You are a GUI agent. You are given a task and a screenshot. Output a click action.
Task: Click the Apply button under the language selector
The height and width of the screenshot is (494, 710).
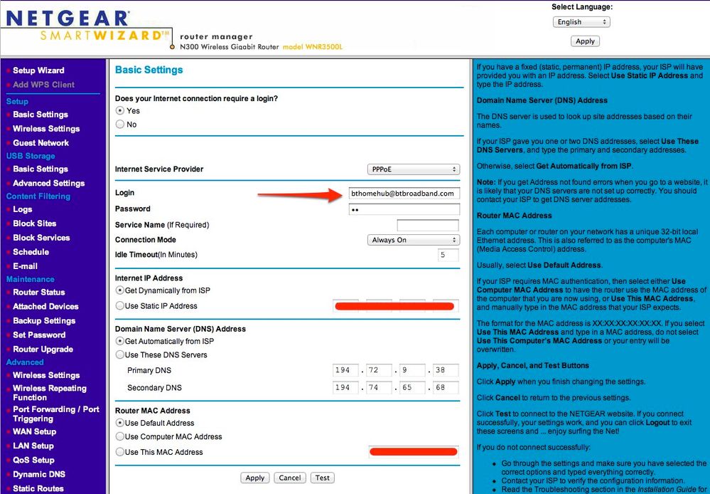(x=585, y=41)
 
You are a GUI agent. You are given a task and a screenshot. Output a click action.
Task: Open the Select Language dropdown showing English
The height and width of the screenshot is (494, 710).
(x=581, y=22)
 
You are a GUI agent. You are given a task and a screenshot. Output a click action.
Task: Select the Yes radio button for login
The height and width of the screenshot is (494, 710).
(x=120, y=111)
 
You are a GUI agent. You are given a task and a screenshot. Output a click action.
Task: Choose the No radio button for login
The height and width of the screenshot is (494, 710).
(x=120, y=125)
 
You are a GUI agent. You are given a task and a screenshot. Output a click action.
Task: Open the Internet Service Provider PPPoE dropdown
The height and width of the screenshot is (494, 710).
(x=413, y=169)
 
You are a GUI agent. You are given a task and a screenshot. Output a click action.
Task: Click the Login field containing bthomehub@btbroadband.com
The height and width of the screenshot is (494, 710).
(x=404, y=193)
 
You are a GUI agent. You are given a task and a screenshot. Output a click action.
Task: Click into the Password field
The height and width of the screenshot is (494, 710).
(x=404, y=209)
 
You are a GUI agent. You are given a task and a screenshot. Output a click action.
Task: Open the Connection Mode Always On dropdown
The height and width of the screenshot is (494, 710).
(x=413, y=240)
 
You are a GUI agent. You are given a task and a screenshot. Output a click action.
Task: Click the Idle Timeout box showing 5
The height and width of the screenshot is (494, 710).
(x=448, y=255)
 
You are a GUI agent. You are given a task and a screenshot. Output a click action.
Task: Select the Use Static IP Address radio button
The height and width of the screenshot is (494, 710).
(x=120, y=306)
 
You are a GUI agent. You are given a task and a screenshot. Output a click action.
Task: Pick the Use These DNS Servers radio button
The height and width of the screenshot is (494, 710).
(x=120, y=355)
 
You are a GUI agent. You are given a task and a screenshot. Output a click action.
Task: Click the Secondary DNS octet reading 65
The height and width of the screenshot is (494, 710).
(x=412, y=388)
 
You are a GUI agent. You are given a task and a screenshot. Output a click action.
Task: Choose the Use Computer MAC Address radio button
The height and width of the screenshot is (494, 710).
(x=120, y=437)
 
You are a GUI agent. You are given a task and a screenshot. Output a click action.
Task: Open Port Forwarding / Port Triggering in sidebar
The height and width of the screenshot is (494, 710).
(x=55, y=414)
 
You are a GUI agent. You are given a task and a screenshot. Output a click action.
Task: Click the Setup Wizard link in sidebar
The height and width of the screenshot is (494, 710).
(x=38, y=70)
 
